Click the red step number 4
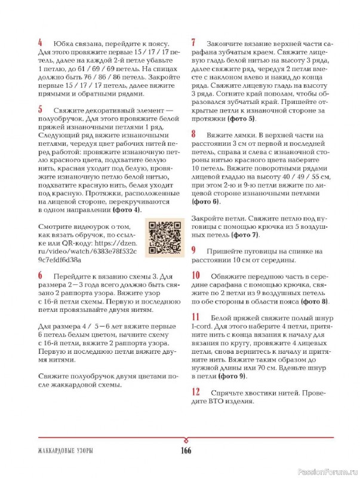40,43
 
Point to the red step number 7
194,43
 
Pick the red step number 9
194,250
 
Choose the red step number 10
196,275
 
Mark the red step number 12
196,392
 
